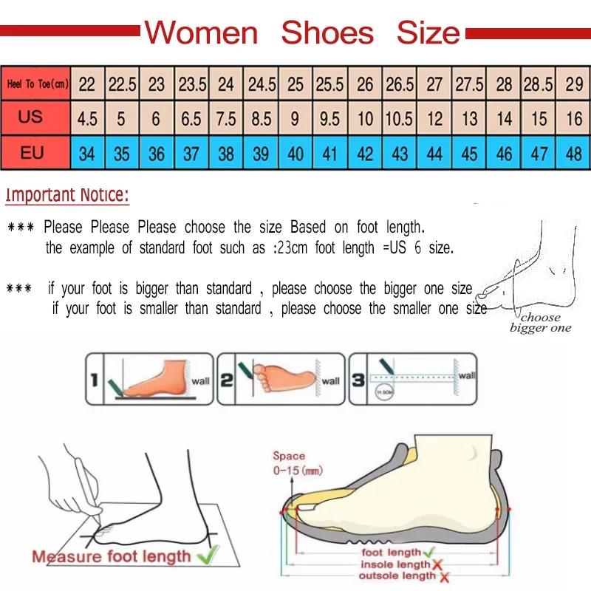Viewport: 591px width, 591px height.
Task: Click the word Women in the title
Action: click(201, 33)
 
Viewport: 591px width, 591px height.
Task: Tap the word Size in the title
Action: click(428, 33)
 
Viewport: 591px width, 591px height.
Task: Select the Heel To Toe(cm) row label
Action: click(37, 84)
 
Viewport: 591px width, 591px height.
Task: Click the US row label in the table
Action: click(31, 117)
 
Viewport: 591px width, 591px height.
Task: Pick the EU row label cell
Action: click(31, 154)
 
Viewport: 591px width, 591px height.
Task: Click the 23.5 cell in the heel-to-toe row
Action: click(192, 84)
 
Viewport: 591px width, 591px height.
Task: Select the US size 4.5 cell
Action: click(87, 118)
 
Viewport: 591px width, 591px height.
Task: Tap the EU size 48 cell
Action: click(574, 154)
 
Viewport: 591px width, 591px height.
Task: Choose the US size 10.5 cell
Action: click(399, 118)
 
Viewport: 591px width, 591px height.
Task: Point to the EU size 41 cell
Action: click(330, 154)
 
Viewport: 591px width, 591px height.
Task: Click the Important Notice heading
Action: click(67, 196)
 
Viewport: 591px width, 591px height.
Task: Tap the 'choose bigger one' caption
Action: click(540, 323)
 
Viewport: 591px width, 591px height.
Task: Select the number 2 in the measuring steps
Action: click(227, 380)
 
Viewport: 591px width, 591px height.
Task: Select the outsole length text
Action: click(397, 575)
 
